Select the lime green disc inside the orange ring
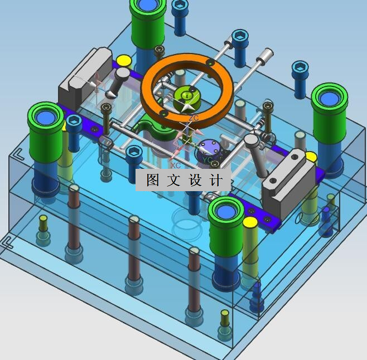(x=187, y=99)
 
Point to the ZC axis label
(x=194, y=118)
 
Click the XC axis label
(x=175, y=166)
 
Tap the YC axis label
(x=207, y=160)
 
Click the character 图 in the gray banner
(x=153, y=180)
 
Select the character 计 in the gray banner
(x=215, y=180)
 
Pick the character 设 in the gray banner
(x=195, y=180)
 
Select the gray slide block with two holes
(x=288, y=182)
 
